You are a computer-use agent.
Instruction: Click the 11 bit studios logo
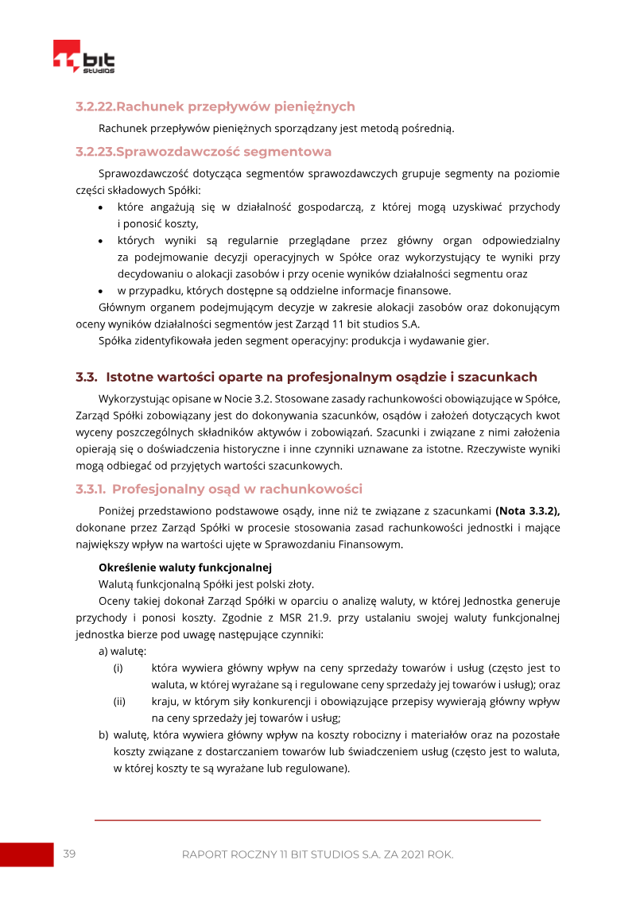click(84, 58)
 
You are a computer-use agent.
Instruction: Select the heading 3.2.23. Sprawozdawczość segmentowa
click(204, 151)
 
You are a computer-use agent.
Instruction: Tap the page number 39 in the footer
click(69, 854)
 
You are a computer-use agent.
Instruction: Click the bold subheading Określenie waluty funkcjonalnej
click(184, 568)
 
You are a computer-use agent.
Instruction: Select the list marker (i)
click(119, 668)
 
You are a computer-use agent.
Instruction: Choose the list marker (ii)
click(120, 701)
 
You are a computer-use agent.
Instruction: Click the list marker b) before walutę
click(103, 735)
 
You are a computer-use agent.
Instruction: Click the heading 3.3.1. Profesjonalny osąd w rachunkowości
click(219, 488)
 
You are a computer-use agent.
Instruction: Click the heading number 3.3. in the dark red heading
click(87, 377)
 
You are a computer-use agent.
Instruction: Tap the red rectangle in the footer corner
click(26, 854)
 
